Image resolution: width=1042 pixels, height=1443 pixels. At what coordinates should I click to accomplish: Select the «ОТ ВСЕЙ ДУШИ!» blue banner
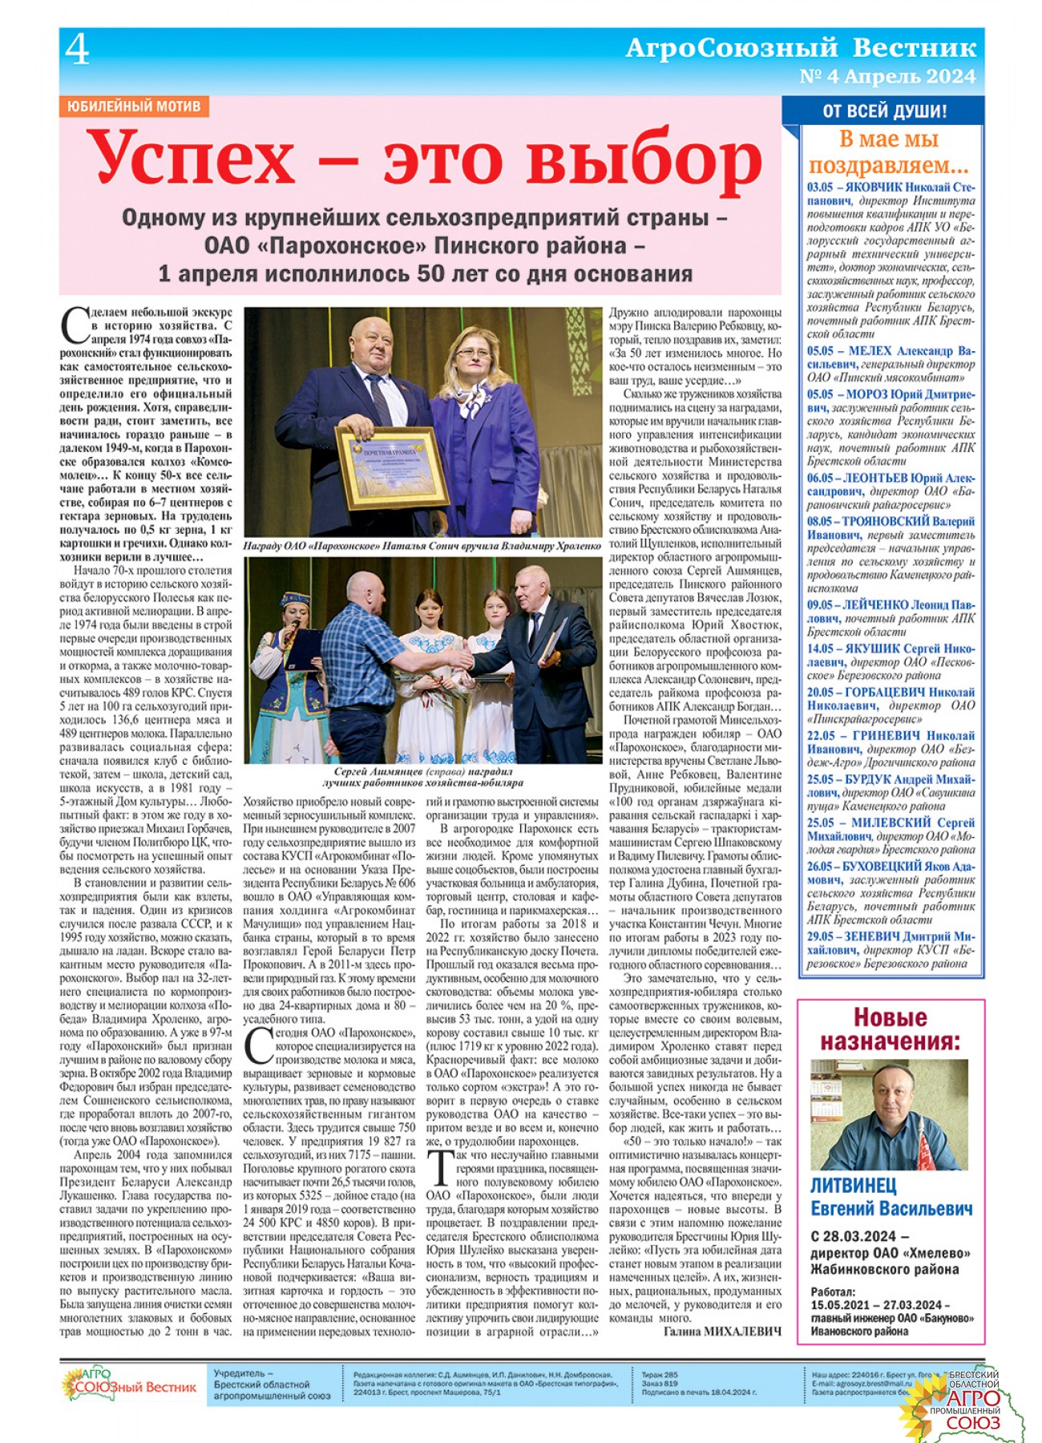884,111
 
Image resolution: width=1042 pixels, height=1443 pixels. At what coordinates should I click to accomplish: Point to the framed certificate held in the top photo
392,466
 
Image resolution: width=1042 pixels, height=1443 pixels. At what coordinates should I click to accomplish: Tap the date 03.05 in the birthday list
821,188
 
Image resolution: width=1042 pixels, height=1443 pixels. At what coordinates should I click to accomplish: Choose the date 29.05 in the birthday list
821,936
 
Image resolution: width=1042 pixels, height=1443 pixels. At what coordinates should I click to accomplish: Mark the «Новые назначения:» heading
889,1029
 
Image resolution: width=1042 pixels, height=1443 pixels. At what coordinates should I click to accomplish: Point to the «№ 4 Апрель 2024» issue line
887,77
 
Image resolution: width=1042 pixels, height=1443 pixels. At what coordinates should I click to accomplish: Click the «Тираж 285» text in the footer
660,1374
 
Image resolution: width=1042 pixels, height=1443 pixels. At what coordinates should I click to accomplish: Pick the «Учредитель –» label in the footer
244,1373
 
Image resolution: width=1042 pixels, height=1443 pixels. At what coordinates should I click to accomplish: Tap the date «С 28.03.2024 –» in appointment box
859,1236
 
